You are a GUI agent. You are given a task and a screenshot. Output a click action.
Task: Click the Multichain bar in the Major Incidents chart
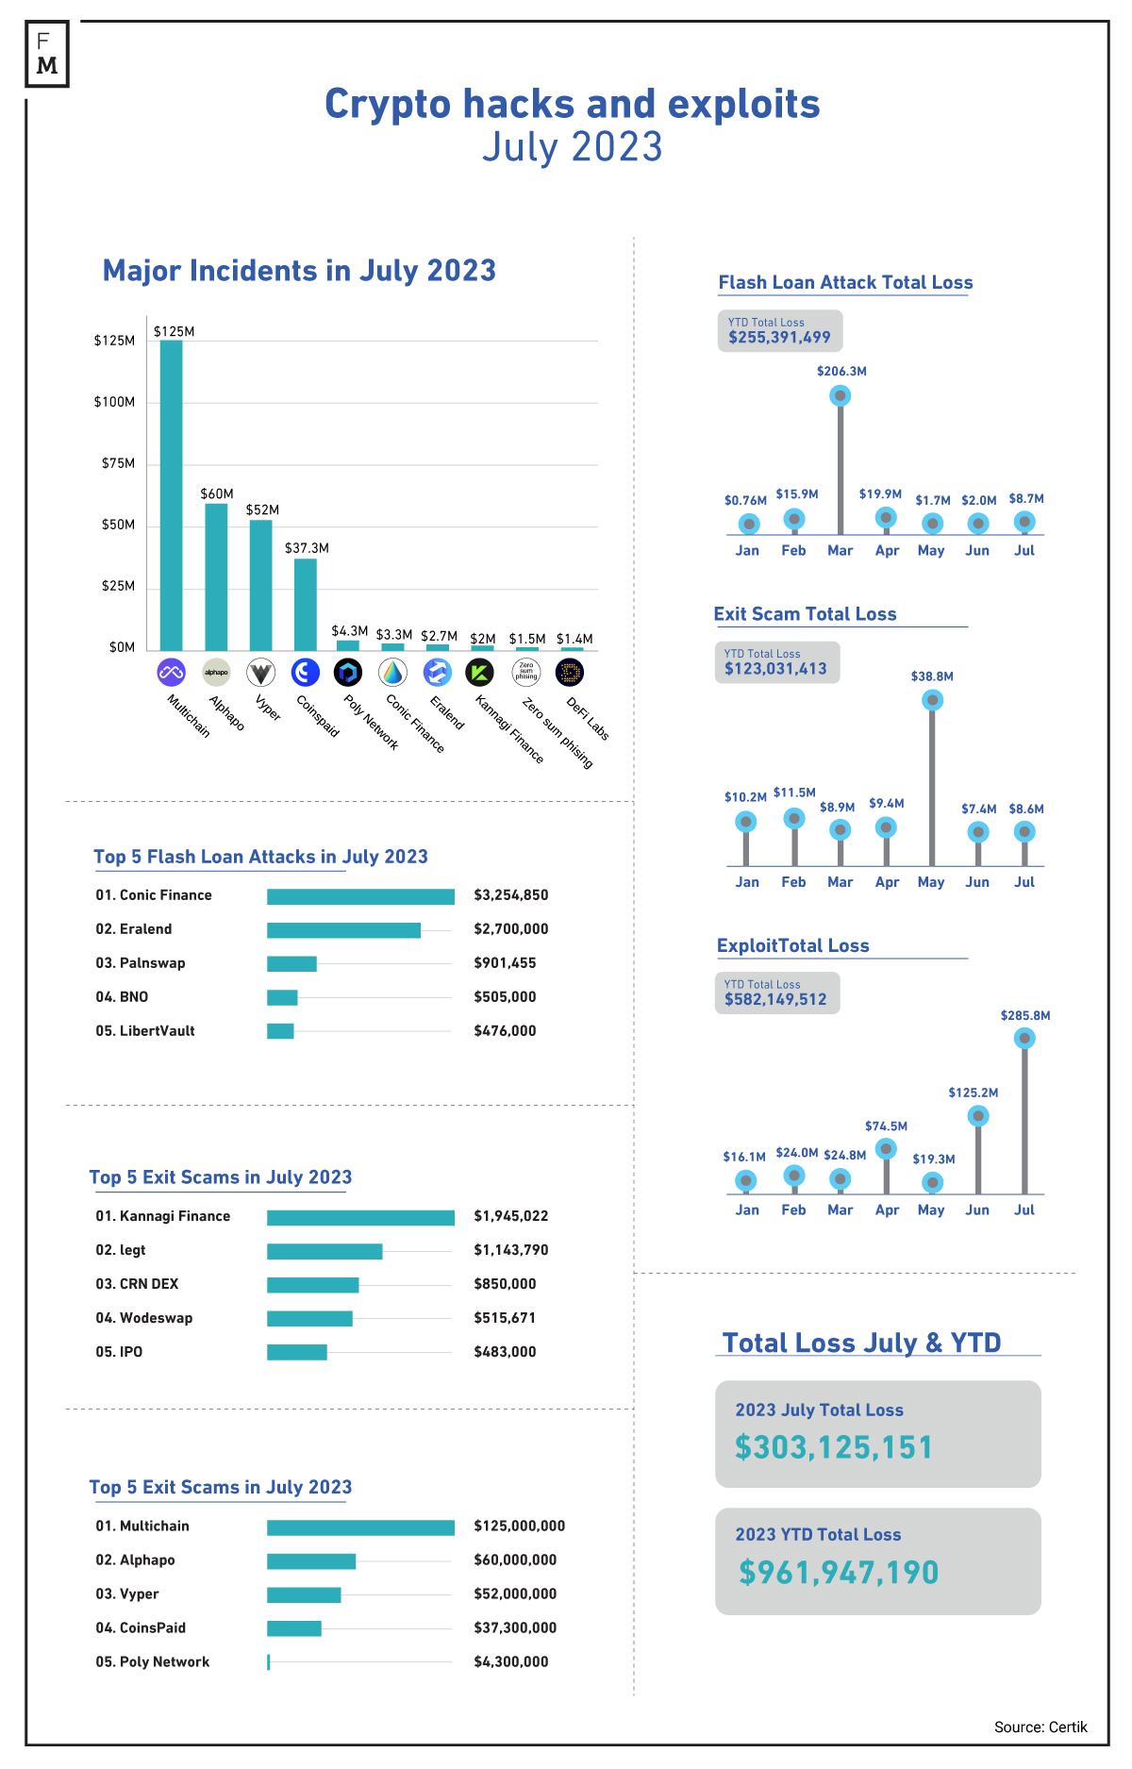point(171,494)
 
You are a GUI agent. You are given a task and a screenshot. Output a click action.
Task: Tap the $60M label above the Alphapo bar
point(217,493)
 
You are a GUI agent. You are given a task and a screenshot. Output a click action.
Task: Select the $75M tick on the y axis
point(119,463)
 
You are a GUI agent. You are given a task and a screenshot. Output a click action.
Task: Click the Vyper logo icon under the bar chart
point(260,673)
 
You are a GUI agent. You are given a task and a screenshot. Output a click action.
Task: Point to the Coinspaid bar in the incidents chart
point(306,604)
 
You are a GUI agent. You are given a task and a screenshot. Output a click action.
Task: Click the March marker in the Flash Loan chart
point(840,395)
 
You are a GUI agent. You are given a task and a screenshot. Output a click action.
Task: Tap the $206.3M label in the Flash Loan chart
point(841,372)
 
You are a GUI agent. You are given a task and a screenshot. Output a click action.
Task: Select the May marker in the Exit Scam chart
point(932,700)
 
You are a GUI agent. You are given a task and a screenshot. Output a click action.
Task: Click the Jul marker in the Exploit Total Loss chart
point(1024,1039)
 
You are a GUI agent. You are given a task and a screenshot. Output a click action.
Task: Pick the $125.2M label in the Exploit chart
point(974,1093)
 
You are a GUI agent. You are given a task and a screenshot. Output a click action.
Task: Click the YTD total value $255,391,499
point(779,337)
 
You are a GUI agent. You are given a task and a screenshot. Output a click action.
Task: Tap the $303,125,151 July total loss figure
point(834,1447)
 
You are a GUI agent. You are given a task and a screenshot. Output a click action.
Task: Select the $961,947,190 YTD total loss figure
point(839,1572)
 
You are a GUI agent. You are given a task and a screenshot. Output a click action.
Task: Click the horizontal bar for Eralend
point(343,930)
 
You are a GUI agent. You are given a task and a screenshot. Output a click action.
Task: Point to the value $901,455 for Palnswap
point(505,963)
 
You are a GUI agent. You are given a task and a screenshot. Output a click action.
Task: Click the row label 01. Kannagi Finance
point(162,1216)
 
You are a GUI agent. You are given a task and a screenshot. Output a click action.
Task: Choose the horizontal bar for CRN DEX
point(313,1285)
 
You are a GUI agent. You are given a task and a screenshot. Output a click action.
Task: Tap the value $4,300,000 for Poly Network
point(510,1661)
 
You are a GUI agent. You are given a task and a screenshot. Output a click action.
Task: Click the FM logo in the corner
point(47,55)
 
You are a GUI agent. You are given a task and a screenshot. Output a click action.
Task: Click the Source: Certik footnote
point(1040,1727)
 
